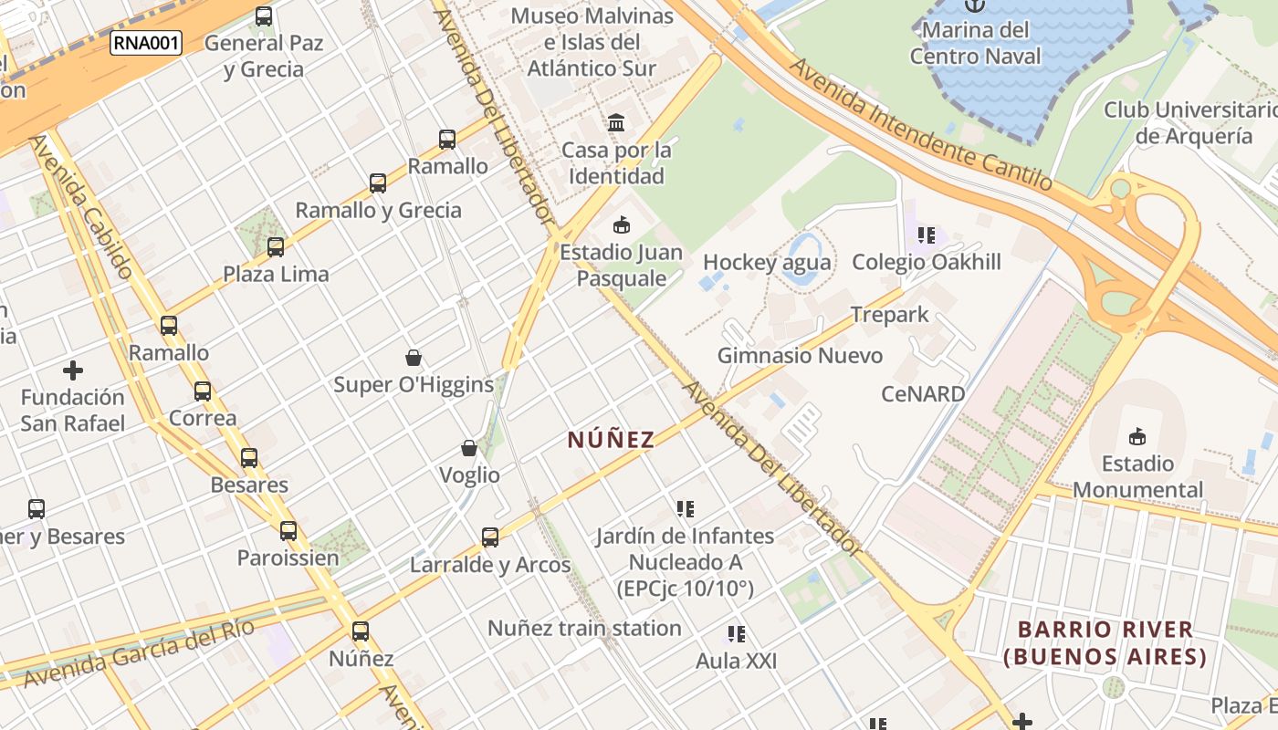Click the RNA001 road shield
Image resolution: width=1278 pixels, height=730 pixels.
tap(146, 43)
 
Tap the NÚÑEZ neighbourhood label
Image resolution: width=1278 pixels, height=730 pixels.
tap(611, 440)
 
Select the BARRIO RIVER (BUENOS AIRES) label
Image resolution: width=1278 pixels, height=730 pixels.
tap(1105, 642)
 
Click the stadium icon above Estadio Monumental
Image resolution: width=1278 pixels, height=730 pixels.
tap(1137, 436)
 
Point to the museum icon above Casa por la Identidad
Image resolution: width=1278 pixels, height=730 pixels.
tap(616, 122)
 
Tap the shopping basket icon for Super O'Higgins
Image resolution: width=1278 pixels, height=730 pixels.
tap(414, 357)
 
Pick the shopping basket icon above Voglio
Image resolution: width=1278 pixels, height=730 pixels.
tap(469, 448)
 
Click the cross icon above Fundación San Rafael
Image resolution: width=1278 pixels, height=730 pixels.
tap(73, 370)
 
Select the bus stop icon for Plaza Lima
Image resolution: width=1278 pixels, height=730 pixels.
tap(276, 246)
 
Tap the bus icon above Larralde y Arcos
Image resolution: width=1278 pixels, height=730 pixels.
tap(490, 537)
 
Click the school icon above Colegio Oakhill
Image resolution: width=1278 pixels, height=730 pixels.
tap(927, 235)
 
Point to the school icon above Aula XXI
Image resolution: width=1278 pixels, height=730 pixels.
tap(736, 633)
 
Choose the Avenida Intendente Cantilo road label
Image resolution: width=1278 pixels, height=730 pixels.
tap(921, 124)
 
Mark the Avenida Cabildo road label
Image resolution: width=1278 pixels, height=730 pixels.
tap(82, 206)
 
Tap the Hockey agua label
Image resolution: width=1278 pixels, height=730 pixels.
tap(767, 263)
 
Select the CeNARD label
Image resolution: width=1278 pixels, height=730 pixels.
tap(923, 394)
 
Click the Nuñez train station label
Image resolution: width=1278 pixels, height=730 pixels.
tap(584, 628)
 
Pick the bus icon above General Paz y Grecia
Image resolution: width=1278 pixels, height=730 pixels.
tap(264, 16)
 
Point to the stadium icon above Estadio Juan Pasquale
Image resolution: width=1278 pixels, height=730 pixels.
tap(622, 224)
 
